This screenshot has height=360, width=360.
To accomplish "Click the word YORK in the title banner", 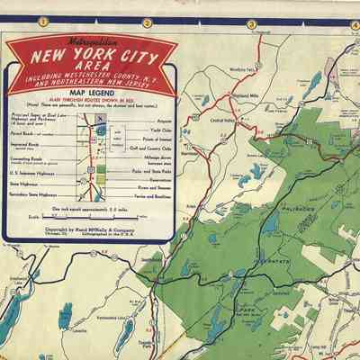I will tap(101, 59).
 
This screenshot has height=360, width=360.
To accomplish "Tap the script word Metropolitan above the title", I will tap(88, 42).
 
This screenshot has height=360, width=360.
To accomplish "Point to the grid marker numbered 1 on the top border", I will tap(43, 22).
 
